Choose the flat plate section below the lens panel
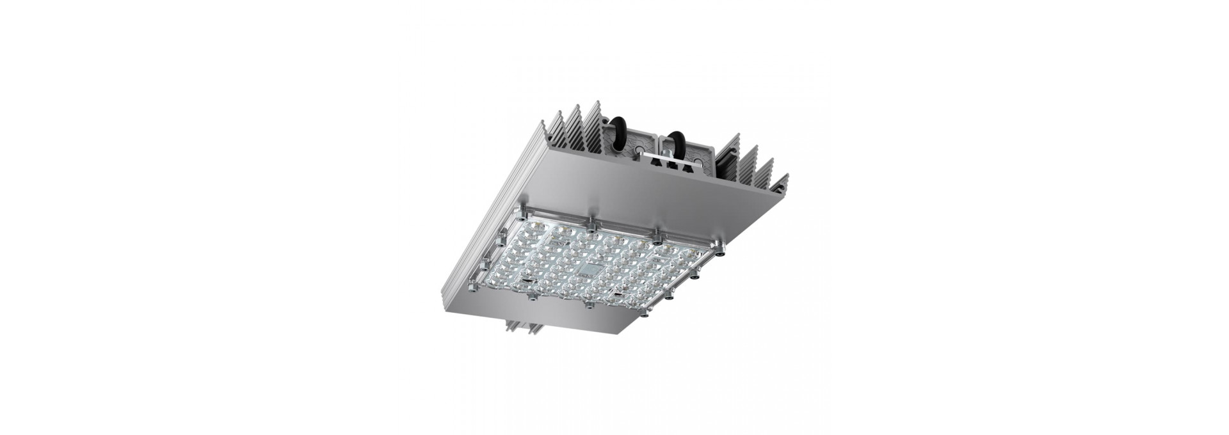pos(563,323)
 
